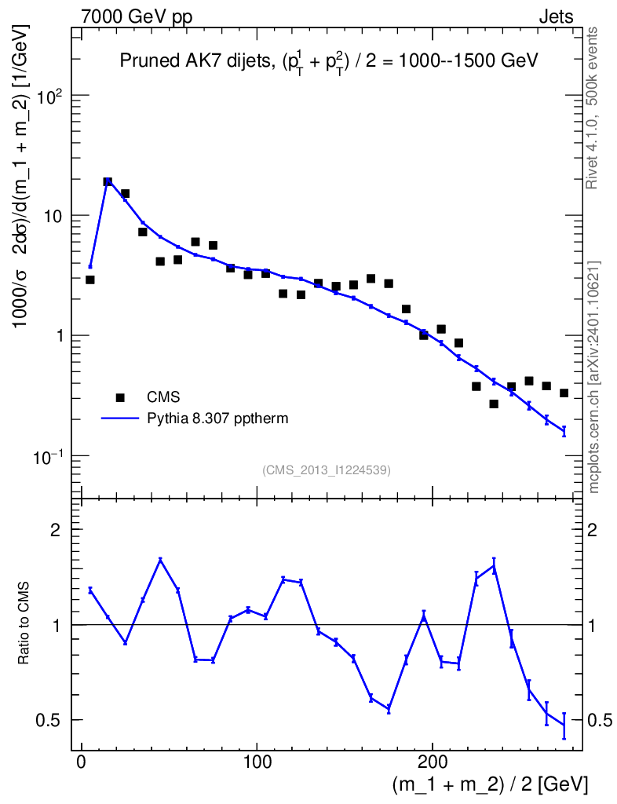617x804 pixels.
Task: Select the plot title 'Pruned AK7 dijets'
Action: [194, 61]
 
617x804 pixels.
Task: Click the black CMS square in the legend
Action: [120, 397]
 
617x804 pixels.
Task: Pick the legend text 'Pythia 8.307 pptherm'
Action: [218, 418]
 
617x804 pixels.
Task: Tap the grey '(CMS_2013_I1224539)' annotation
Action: [327, 470]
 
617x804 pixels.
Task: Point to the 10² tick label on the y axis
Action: [49, 96]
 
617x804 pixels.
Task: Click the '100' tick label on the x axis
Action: [257, 762]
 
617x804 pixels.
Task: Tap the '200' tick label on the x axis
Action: [433, 762]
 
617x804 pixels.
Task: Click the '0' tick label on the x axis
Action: [81, 762]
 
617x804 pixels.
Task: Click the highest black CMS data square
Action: [108, 182]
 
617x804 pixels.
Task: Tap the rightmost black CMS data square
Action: [564, 393]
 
